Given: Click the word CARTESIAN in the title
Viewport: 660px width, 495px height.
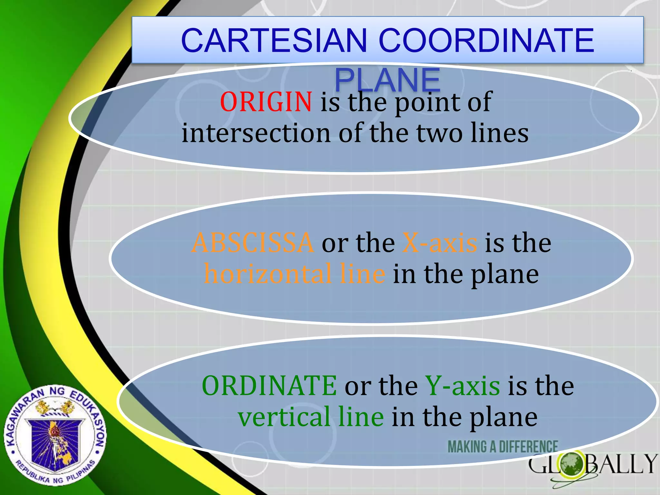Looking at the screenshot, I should [x=274, y=41].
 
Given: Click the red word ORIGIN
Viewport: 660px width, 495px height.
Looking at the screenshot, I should [x=266, y=102].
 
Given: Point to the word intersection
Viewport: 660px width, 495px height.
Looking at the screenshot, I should [x=256, y=133].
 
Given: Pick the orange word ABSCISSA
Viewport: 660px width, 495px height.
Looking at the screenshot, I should [x=252, y=243].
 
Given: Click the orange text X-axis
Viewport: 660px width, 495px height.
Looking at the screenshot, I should [x=440, y=243].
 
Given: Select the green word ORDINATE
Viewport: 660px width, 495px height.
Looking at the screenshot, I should [x=269, y=386].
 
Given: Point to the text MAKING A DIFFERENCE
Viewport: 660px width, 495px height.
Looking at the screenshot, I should [x=503, y=447].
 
